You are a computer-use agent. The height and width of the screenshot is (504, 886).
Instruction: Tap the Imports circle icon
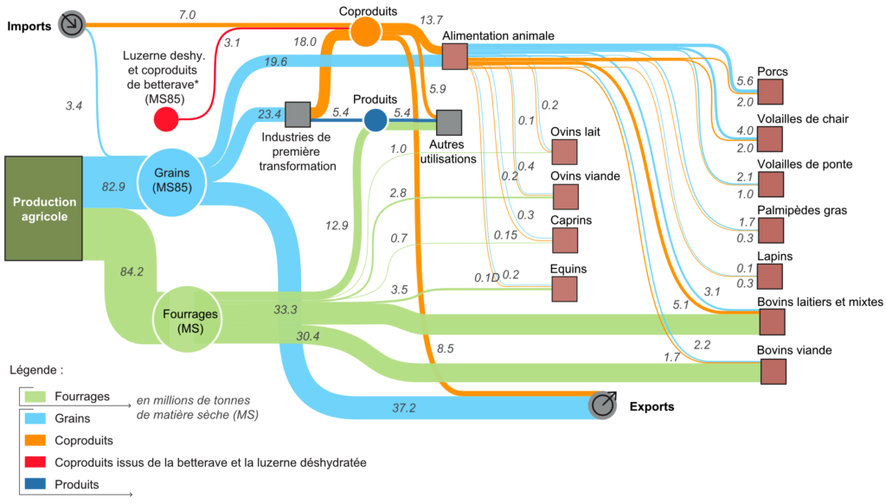pyautogui.click(x=72, y=24)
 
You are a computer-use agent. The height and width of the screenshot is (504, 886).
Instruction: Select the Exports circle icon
pyautogui.click(x=603, y=405)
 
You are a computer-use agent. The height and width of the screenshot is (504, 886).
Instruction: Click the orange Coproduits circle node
pyautogui.click(x=365, y=30)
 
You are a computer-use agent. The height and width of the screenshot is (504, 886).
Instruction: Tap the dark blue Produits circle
pyautogui.click(x=375, y=120)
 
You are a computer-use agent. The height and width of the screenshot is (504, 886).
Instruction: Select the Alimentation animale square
pyautogui.click(x=454, y=57)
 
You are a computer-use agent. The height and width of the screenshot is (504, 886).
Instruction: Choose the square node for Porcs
pyautogui.click(x=771, y=93)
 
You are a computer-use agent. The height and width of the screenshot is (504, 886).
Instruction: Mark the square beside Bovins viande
pyautogui.click(x=773, y=371)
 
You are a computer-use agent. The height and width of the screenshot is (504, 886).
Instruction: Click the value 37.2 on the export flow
pyautogui.click(x=403, y=407)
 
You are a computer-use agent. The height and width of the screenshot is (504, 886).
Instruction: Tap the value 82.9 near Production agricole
pyautogui.click(x=113, y=187)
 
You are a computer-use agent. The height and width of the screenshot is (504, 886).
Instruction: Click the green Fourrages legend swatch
pyautogui.click(x=34, y=396)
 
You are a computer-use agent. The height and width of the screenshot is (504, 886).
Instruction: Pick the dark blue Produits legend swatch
pyautogui.click(x=34, y=485)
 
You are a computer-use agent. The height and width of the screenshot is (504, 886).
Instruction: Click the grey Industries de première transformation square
pyautogui.click(x=298, y=113)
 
